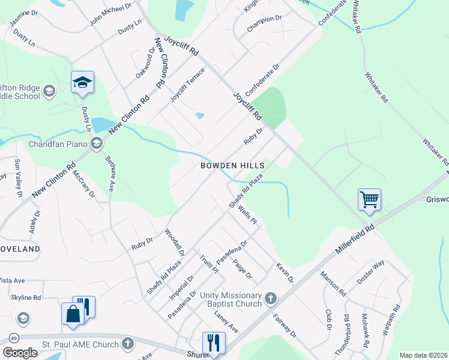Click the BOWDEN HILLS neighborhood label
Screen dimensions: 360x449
(232, 165)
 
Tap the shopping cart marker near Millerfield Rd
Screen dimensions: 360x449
(369, 199)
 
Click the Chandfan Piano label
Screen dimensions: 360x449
(58, 143)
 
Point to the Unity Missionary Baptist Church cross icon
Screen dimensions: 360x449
(271, 298)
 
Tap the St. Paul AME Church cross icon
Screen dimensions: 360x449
(127, 344)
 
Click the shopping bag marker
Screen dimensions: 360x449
(73, 314)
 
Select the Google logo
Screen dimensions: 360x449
(19, 353)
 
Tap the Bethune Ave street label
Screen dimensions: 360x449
(110, 173)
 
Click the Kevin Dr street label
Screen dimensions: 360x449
(285, 272)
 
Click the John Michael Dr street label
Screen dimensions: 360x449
(110, 14)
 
